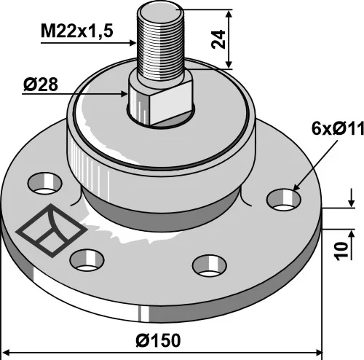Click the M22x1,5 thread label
tap(77, 31)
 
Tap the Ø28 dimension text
tap(41, 85)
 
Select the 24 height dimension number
tap(218, 39)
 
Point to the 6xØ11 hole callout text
tap(338, 128)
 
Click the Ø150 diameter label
tap(158, 340)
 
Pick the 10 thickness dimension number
tap(341, 251)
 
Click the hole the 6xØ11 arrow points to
tap(284, 200)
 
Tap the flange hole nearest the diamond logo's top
tap(45, 184)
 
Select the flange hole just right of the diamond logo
tap(87, 260)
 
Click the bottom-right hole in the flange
tap(210, 265)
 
